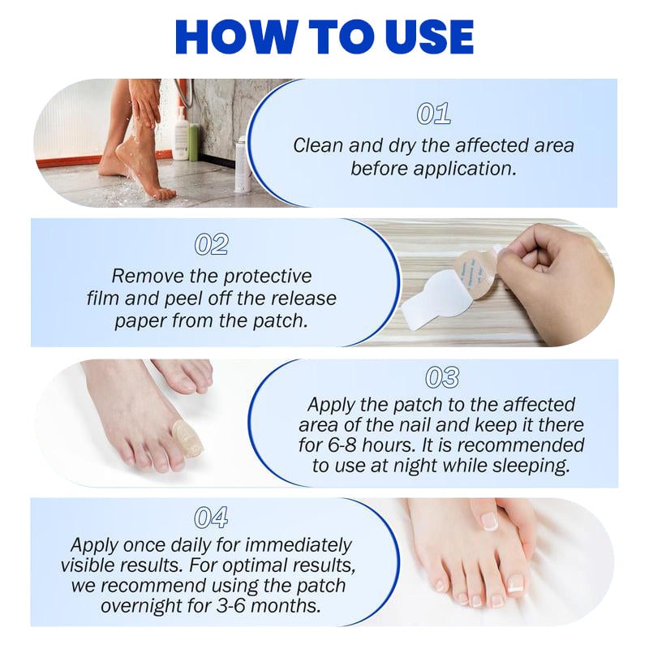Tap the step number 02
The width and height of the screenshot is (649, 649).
(x=212, y=244)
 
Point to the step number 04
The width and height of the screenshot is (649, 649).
(x=211, y=517)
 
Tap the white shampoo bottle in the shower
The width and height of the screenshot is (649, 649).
(x=179, y=138)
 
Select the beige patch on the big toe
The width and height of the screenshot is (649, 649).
(x=189, y=438)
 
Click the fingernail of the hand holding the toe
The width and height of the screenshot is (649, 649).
(x=488, y=520)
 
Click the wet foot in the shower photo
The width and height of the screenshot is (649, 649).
(x=146, y=166)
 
